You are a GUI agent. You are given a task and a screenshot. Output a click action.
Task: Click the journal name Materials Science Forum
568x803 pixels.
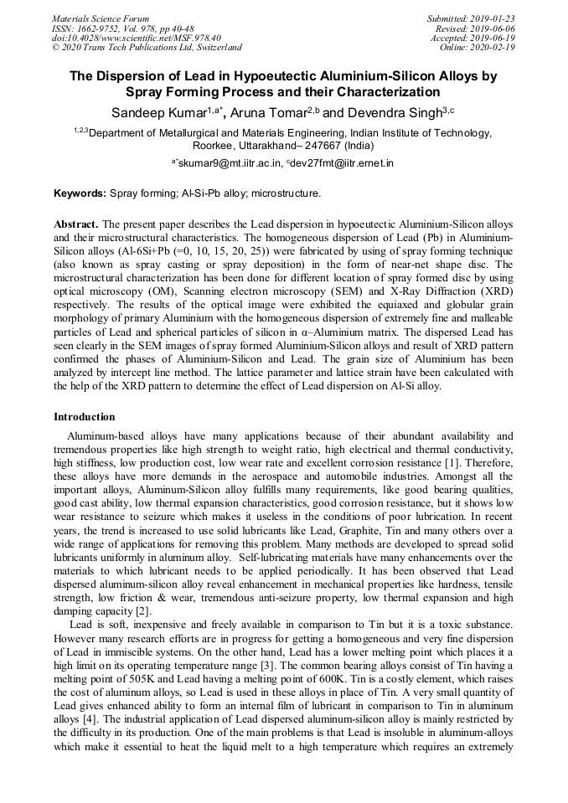pyautogui.click(x=101, y=18)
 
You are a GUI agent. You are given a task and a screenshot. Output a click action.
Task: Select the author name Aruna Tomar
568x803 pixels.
pyautogui.click(x=267, y=111)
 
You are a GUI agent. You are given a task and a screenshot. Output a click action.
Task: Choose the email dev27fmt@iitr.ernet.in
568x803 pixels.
pyautogui.click(x=343, y=163)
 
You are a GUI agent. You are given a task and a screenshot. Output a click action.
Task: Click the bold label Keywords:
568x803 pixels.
pyautogui.click(x=80, y=193)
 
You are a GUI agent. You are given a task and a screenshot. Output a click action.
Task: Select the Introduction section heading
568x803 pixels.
pyautogui.click(x=85, y=416)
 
